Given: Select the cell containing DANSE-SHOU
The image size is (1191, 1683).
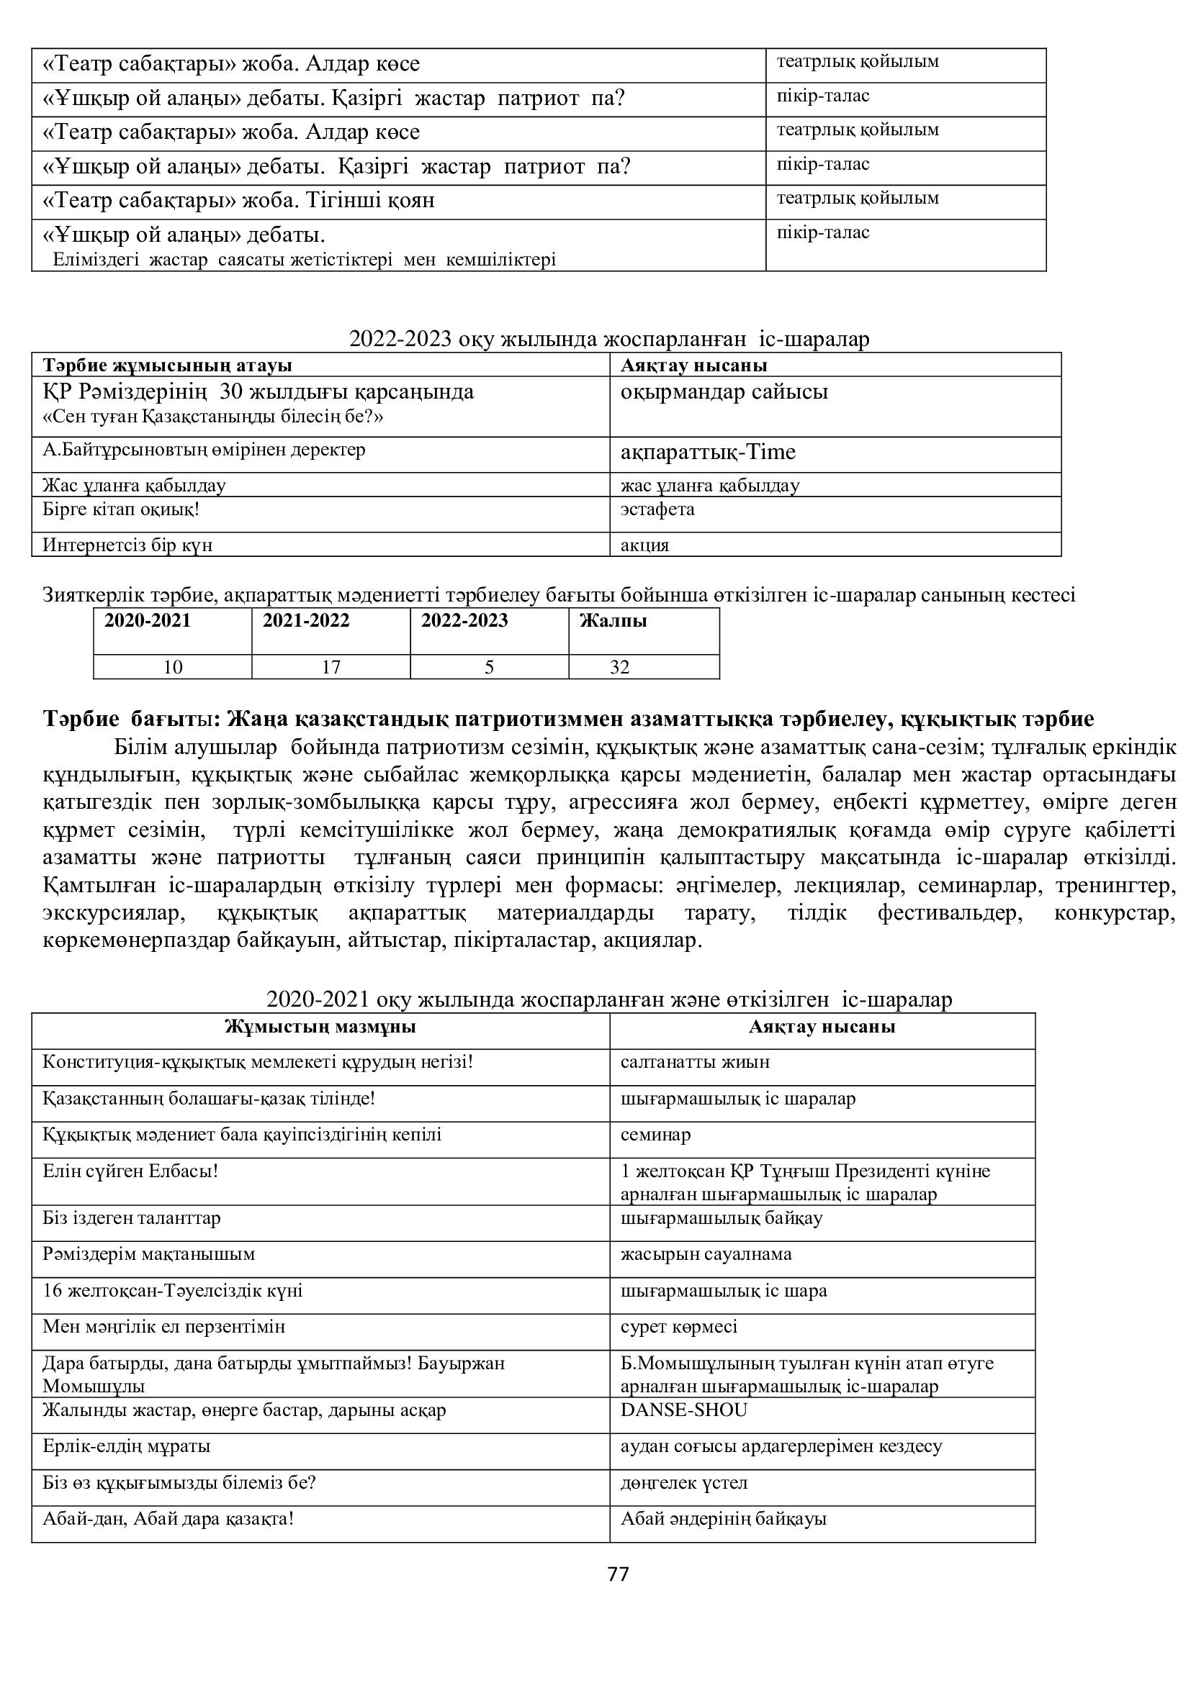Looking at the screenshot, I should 683,1410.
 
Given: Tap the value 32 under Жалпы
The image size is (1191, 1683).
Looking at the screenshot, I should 620,667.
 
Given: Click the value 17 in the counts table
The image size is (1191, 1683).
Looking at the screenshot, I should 331,667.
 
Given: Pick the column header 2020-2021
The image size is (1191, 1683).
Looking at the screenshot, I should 148,621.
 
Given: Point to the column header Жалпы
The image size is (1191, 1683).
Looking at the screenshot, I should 613,621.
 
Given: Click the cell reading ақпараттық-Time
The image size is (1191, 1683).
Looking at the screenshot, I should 708,453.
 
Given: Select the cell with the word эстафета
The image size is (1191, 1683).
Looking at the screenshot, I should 657,509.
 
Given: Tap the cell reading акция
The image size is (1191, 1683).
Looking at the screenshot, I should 644,545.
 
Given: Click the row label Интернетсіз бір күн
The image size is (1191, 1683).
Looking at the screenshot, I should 127,545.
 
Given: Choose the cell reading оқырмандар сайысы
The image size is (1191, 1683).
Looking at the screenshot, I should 724,392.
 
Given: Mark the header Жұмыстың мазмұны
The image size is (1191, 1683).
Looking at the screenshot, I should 320,1026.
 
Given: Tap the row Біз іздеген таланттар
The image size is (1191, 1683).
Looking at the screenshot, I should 131,1218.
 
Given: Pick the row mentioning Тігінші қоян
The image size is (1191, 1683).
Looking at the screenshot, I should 239,201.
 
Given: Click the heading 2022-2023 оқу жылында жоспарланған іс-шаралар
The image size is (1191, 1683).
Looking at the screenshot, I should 608,340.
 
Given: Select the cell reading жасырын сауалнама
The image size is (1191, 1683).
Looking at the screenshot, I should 706,1254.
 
